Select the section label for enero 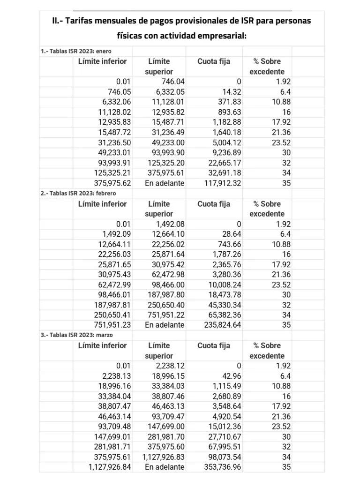coord(76,51)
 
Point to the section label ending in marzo coord(77,335)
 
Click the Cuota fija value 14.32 coord(229,92)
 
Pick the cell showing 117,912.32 coord(223,183)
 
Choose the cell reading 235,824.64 coord(223,325)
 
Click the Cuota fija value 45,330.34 coord(225,305)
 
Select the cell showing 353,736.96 coord(223,467)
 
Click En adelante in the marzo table coord(165,467)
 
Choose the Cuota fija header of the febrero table coord(214,204)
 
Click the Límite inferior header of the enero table coord(102,61)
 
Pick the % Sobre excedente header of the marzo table coord(267,351)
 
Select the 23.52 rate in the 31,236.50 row coord(282,142)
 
